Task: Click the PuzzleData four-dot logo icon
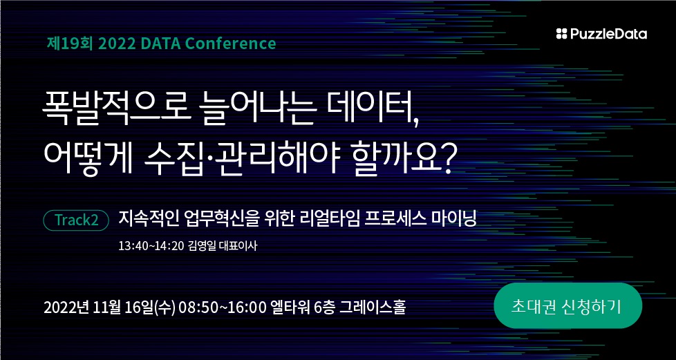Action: pos(562,34)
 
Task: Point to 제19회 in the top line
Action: pos(71,44)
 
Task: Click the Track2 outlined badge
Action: pos(76,220)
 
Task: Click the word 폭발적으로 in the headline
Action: pos(115,110)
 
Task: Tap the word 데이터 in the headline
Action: pos(372,110)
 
